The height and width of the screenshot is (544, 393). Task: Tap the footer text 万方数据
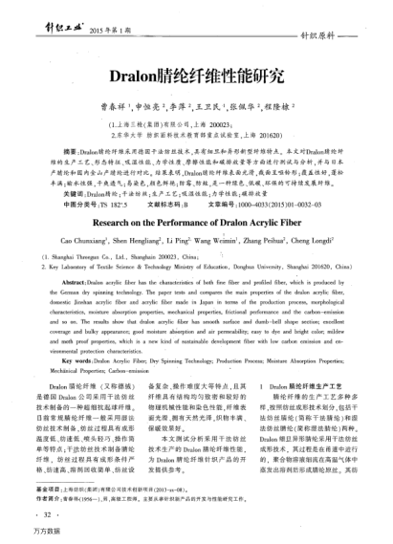(20, 533)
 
